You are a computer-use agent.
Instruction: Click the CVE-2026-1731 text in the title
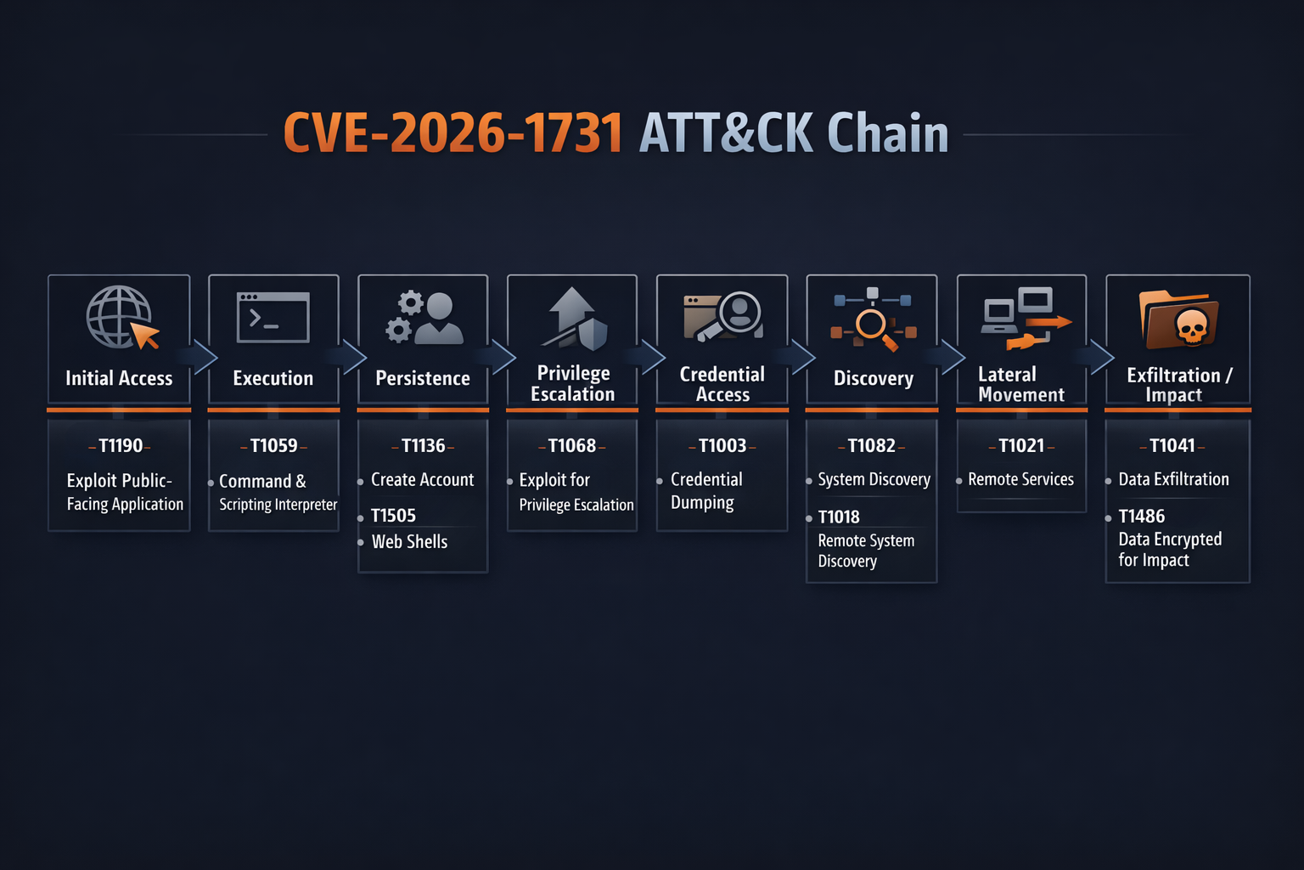click(452, 134)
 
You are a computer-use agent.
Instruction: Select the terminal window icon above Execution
click(273, 318)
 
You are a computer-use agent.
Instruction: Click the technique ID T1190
click(120, 446)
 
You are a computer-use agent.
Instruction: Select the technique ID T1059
click(273, 446)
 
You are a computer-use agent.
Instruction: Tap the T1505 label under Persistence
click(393, 516)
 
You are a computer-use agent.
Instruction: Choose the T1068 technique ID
click(572, 446)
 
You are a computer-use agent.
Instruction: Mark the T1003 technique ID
click(722, 446)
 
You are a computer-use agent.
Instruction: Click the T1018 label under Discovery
click(839, 517)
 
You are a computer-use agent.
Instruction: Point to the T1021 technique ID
click(1021, 446)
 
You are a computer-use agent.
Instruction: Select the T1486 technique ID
click(1142, 517)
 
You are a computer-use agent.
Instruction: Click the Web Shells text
click(409, 542)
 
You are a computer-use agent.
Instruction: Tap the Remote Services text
click(1020, 480)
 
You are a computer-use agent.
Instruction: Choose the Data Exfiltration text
click(1173, 480)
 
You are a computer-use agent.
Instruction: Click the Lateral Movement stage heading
click(1020, 385)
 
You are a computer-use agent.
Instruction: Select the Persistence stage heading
click(423, 379)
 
